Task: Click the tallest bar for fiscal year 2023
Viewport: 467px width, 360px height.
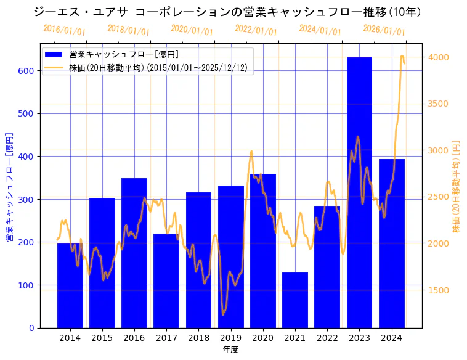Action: tap(359, 191)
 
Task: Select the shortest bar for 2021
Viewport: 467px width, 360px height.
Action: tap(295, 300)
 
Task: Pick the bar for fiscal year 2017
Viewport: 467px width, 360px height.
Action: tap(166, 280)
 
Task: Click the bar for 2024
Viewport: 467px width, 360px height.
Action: tap(392, 243)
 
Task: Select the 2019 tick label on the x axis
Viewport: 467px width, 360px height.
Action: tap(230, 338)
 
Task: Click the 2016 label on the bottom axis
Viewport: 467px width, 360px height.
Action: tap(134, 338)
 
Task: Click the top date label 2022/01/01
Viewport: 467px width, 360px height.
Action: tap(256, 30)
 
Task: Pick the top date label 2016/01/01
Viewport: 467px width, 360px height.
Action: tap(64, 30)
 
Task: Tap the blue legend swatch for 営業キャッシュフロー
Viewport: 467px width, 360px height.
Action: tap(54, 55)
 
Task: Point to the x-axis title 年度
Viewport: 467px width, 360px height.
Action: tap(230, 350)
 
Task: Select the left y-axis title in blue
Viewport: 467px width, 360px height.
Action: tap(9, 187)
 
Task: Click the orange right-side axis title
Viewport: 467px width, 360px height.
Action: tap(457, 186)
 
